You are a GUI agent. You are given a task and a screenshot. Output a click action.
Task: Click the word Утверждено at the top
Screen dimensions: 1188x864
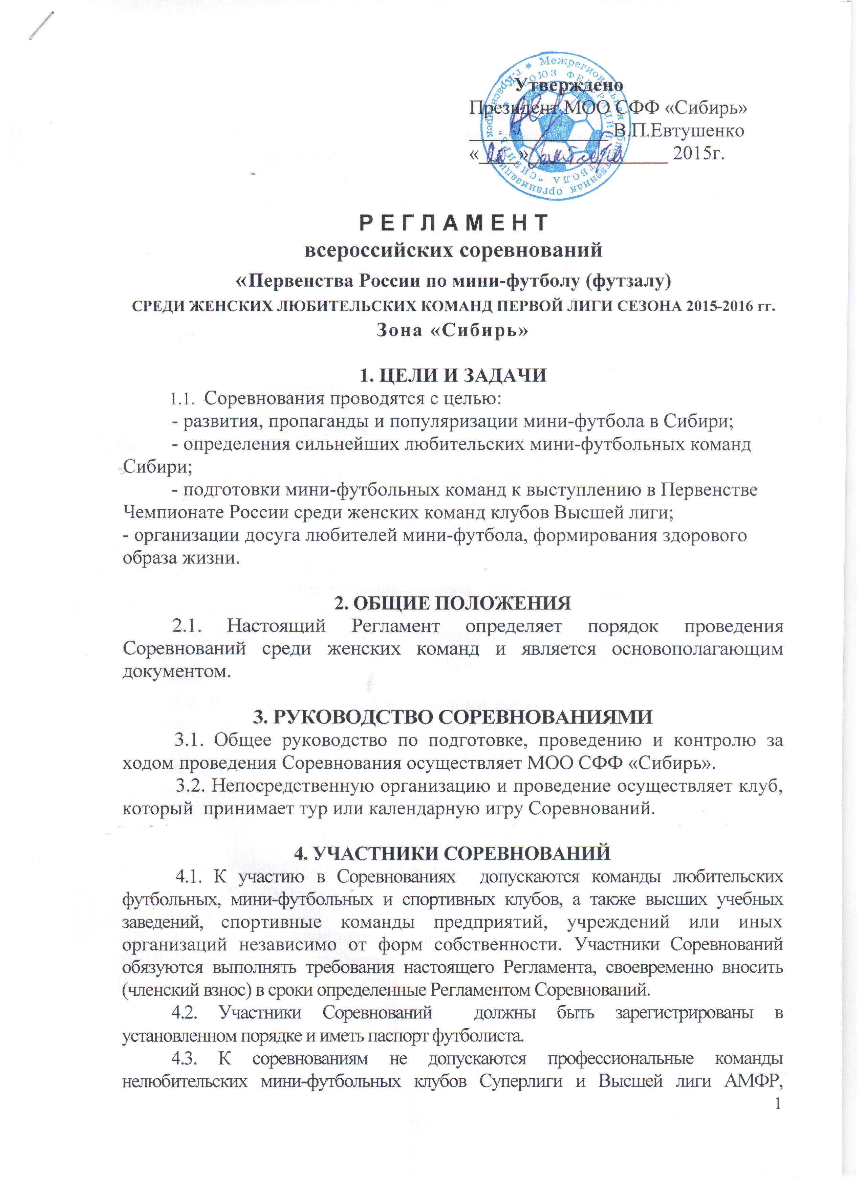coord(569,85)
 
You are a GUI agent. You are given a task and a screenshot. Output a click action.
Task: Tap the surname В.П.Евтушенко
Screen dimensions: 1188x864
coord(679,130)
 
